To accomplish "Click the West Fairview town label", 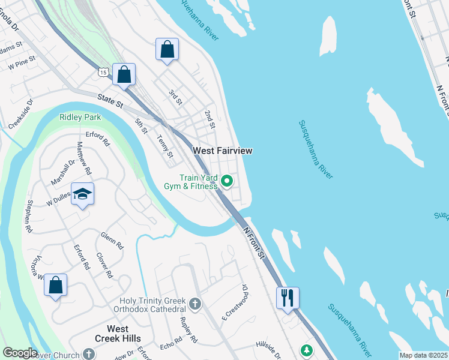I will pyautogui.click(x=222, y=150).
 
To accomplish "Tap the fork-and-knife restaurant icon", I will pyautogui.click(x=288, y=296).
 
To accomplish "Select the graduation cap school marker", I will pyautogui.click(x=83, y=194).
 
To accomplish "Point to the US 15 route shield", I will pyautogui.click(x=103, y=73).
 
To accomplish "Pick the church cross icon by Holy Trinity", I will pyautogui.click(x=194, y=304).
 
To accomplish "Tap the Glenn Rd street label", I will pyautogui.click(x=112, y=241).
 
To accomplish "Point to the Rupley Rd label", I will pyautogui.click(x=188, y=330).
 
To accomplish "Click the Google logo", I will pyautogui.click(x=19, y=353).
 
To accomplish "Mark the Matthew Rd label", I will pyautogui.click(x=85, y=158).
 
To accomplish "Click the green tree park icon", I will pyautogui.click(x=306, y=350).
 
